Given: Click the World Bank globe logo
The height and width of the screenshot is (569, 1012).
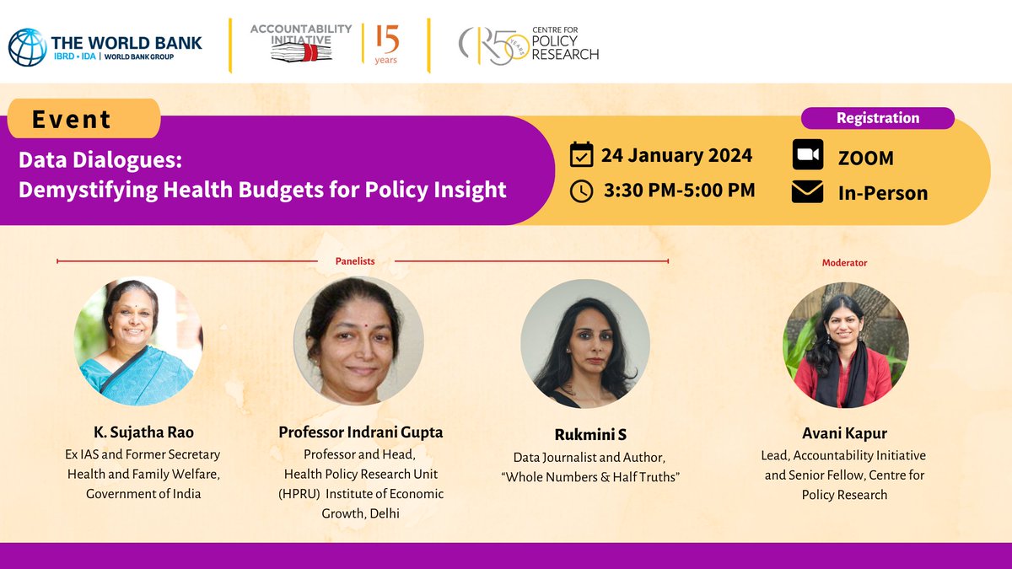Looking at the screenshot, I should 27,47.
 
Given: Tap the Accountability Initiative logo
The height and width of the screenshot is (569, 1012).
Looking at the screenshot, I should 302,42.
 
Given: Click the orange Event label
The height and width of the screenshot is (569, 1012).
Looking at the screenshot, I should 83,119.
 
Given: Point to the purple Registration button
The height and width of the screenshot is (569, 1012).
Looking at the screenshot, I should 877,118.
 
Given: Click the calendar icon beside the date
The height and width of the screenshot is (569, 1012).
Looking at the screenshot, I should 582,155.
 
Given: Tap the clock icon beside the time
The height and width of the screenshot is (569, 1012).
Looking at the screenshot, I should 582,191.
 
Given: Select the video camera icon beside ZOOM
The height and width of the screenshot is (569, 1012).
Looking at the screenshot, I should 807,157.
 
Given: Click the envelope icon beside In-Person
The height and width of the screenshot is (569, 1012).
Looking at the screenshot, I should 807,192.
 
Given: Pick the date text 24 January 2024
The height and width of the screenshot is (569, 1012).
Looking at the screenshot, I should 676,156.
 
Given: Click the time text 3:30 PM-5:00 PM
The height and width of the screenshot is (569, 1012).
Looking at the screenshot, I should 679,191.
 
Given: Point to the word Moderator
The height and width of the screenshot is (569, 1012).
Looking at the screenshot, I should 844,263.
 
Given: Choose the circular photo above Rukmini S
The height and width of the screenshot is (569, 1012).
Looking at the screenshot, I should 585,343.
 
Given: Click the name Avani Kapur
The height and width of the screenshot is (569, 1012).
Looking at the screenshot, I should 844,434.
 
